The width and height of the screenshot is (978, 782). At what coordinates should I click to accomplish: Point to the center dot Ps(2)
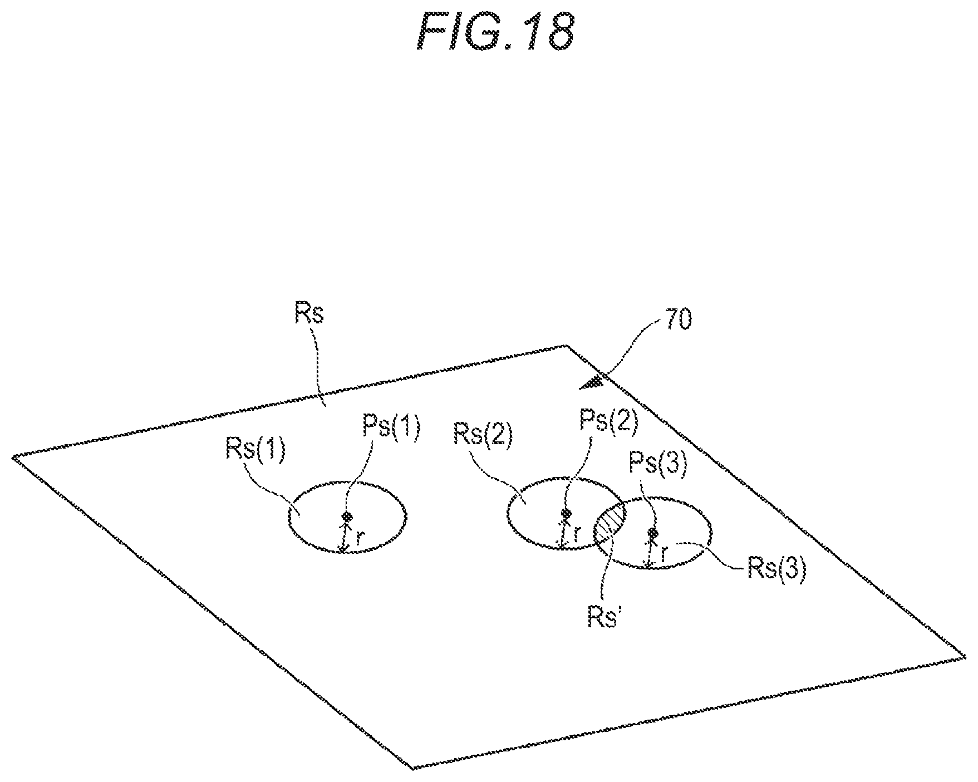(566, 513)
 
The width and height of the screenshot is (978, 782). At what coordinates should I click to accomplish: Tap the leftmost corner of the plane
(13, 457)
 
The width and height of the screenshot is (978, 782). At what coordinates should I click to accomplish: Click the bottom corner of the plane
(412, 769)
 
